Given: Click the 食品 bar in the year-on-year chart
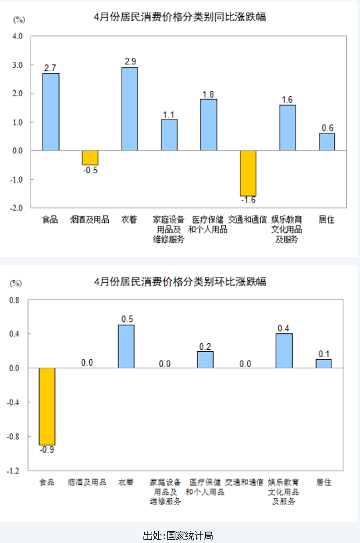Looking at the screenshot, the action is (50, 112).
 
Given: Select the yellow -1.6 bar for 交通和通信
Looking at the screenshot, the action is (248, 173).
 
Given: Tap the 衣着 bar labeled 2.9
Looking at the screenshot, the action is (130, 109).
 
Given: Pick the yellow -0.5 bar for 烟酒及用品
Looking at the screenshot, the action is (90, 157).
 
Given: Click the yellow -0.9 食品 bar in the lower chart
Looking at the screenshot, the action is (47, 406).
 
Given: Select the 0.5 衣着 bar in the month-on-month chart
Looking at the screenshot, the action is (126, 347).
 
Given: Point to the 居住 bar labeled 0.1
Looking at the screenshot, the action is (323, 363).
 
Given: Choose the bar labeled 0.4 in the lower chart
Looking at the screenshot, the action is (284, 350).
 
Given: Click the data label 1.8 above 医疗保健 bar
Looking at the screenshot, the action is (209, 94).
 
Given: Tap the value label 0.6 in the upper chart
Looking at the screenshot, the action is (327, 128).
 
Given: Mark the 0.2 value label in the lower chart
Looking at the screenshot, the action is (205, 347).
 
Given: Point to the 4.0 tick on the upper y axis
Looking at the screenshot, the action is (17, 37).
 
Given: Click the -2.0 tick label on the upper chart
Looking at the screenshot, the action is (16, 208).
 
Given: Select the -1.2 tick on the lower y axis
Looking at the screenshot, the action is (13, 471).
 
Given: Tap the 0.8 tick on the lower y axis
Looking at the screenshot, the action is (14, 300).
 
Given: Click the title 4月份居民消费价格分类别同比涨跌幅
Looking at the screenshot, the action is (180, 17).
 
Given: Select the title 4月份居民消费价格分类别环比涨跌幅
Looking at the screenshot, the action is (180, 281).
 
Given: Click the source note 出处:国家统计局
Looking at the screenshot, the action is (178, 536).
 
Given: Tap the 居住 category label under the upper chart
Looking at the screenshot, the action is (326, 219).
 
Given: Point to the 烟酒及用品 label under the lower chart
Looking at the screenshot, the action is (87, 482).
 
